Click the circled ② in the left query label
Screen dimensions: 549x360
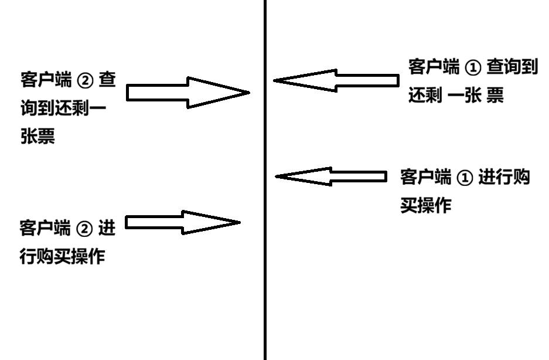coord(85,80)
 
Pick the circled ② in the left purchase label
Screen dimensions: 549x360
coord(85,228)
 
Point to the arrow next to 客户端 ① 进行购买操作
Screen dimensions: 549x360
coord(331,176)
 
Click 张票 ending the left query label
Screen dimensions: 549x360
coord(37,137)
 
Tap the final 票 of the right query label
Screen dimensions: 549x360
coord(495,96)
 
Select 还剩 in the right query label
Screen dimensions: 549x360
coord(425,96)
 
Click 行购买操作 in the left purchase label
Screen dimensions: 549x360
coord(62,257)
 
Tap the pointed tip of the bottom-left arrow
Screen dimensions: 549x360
coord(239,222)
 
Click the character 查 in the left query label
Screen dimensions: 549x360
coord(107,80)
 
